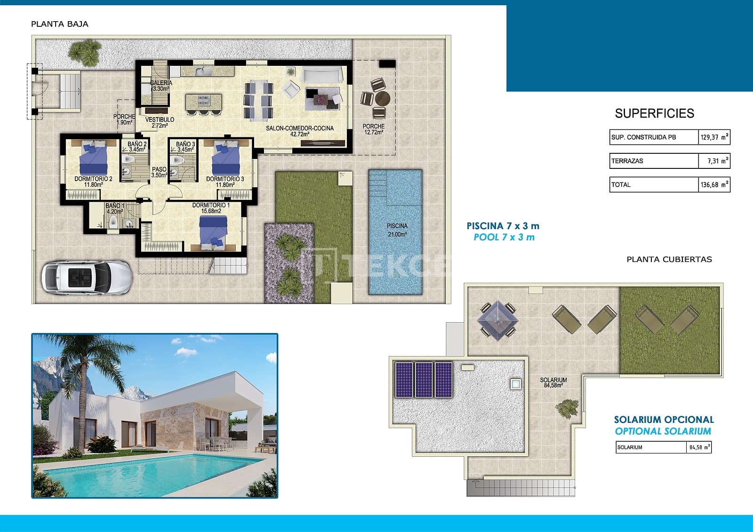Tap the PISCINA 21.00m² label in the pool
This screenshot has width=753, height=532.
pyautogui.click(x=397, y=230)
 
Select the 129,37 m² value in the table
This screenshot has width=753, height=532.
pyautogui.click(x=714, y=137)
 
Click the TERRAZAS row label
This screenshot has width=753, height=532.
pyautogui.click(x=627, y=161)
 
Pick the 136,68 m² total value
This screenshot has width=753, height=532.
pyautogui.click(x=714, y=185)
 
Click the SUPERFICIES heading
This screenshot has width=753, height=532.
pyautogui.click(x=654, y=113)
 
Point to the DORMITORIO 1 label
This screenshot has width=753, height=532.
pyautogui.click(x=211, y=208)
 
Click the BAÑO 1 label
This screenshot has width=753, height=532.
pyautogui.click(x=115, y=208)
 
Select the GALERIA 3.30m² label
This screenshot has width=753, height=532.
pyautogui.click(x=161, y=85)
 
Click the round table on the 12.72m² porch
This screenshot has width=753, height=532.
pyautogui.click(x=382, y=99)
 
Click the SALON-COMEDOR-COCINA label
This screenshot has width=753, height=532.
pyautogui.click(x=300, y=131)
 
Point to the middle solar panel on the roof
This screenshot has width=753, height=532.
pyautogui.click(x=424, y=380)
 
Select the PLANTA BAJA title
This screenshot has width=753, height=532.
pyautogui.click(x=60, y=24)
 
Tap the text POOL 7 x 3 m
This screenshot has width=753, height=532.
pyautogui.click(x=504, y=237)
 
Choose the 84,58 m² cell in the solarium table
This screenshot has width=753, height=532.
pyautogui.click(x=699, y=447)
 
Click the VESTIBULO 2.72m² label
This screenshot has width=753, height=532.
pyautogui.click(x=160, y=122)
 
